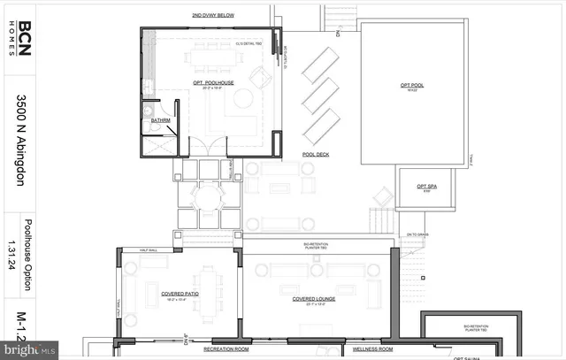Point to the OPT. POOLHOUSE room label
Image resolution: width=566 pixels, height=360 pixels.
click(x=211, y=83)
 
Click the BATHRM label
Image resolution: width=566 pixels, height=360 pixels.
click(x=160, y=119)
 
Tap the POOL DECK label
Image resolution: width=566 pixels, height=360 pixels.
click(x=316, y=154)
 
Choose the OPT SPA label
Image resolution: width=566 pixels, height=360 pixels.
click(x=423, y=186)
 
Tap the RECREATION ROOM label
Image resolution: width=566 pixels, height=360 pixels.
click(x=227, y=349)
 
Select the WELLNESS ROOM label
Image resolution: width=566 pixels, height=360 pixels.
click(x=374, y=349)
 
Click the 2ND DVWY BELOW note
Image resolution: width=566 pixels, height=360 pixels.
click(x=212, y=16)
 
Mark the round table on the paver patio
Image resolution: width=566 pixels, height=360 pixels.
click(x=210, y=195)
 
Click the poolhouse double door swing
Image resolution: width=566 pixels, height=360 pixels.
click(x=210, y=147)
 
